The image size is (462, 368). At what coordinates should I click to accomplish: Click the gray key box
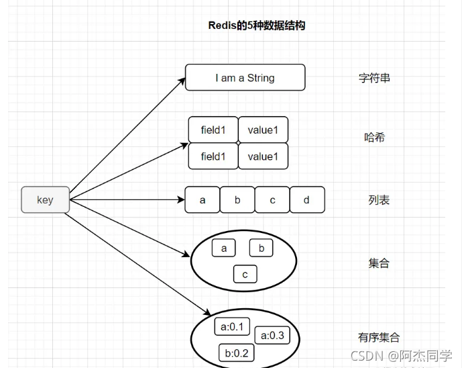45,199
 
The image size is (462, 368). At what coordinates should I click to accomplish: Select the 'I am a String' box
245,78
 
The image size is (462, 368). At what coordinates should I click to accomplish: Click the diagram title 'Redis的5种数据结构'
257,26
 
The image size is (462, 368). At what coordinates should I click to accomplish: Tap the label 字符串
374,78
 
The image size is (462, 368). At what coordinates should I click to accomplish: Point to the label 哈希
374,138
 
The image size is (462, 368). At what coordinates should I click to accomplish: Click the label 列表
379,200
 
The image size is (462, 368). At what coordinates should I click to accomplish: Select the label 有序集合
379,337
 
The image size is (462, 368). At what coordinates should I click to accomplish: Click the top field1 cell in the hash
213,130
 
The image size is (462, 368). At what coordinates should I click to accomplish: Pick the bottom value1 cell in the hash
263,156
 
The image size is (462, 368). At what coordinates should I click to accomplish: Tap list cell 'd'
307,200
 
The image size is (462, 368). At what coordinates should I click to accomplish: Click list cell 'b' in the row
237,200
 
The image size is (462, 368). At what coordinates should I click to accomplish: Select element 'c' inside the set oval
245,275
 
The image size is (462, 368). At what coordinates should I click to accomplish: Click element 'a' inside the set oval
224,248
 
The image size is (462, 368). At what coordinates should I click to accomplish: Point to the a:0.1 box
232,327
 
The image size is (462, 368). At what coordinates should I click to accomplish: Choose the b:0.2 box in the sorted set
237,353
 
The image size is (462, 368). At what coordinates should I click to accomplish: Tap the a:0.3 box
272,336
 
